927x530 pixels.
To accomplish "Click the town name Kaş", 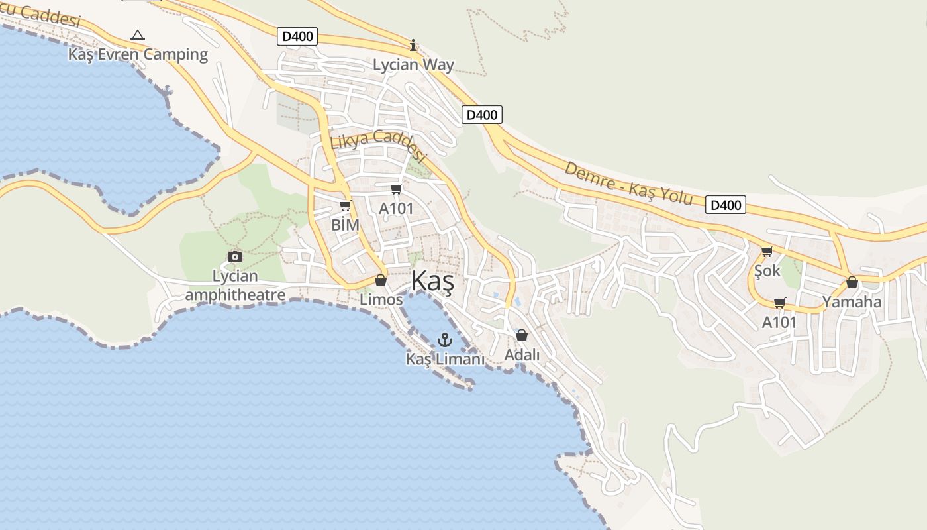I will (x=432, y=282).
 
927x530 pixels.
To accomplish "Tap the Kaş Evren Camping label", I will (x=138, y=54).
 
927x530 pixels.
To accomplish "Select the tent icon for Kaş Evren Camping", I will (x=138, y=35).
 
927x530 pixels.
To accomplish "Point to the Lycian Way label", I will (x=413, y=64).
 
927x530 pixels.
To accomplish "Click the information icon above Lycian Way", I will (x=413, y=45).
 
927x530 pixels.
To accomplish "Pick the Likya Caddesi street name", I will (x=377, y=145).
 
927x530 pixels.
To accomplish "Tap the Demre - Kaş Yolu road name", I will (x=628, y=184).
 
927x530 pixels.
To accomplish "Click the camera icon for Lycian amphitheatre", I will (x=234, y=256).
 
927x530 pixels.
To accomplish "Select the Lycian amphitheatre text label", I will (x=235, y=286).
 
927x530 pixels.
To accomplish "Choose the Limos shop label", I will (x=381, y=300).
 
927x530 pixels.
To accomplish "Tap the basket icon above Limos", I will (x=380, y=280).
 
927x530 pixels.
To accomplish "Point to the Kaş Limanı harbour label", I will (x=445, y=359).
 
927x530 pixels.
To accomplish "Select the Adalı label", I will (x=522, y=355).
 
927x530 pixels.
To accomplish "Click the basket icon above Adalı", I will (x=522, y=335).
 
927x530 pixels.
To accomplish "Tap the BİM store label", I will (x=345, y=225).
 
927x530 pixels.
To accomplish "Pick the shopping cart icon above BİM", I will (x=345, y=206).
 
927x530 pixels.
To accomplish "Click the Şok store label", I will (x=767, y=271).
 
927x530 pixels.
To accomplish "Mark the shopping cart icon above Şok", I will (x=767, y=251).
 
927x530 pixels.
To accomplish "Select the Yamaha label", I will (x=852, y=302).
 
